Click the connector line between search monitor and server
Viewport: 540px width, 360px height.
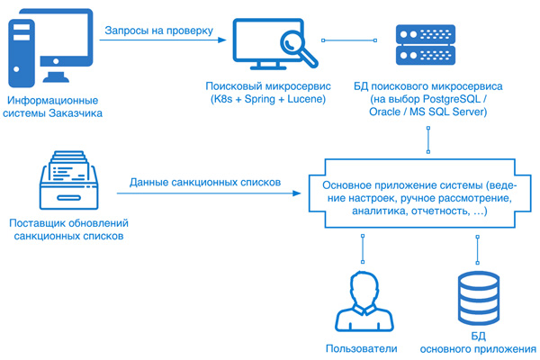[346, 40]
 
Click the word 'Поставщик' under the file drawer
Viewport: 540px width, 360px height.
[37, 222]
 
